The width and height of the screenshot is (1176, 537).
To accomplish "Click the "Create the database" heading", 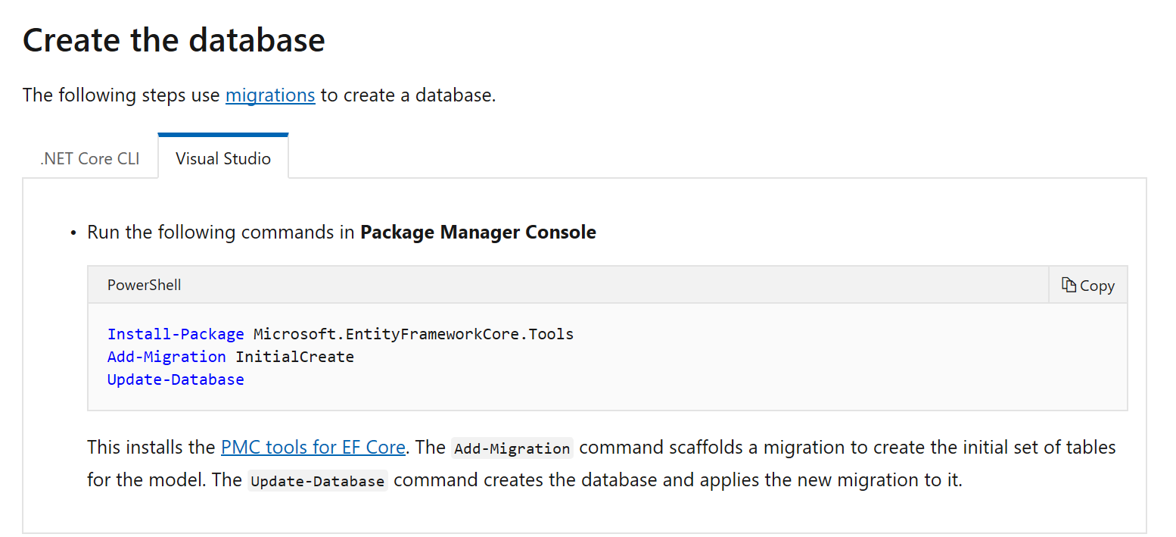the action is [x=174, y=40].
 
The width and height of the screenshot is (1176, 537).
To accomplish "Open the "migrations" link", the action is [x=270, y=95].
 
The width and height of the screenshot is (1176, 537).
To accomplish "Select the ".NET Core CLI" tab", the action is [x=90, y=159].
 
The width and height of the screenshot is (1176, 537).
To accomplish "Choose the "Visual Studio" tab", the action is [x=223, y=159].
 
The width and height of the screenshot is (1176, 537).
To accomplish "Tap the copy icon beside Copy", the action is [x=1069, y=285].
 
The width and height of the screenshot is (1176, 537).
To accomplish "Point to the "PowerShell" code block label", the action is [x=144, y=286].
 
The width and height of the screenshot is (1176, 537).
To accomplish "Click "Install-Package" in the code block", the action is [x=176, y=334].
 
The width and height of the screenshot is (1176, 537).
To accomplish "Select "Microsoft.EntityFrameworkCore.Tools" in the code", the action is [x=413, y=334].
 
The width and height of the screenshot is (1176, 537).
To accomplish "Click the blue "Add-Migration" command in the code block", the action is [x=166, y=357].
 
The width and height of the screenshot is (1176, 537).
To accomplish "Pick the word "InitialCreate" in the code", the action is [x=295, y=357].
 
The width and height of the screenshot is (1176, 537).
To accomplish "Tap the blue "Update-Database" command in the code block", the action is [x=176, y=379].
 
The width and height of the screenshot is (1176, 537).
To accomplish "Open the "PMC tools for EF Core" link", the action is [x=313, y=448].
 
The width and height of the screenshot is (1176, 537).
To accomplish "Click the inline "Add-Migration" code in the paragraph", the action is [x=512, y=448].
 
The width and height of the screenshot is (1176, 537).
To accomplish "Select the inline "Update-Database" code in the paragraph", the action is [x=317, y=482].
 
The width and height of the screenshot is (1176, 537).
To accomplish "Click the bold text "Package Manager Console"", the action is [x=478, y=233].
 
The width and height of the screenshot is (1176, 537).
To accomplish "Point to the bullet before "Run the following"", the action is [x=74, y=233].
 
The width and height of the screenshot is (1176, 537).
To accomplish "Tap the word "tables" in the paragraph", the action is [x=1091, y=448].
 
